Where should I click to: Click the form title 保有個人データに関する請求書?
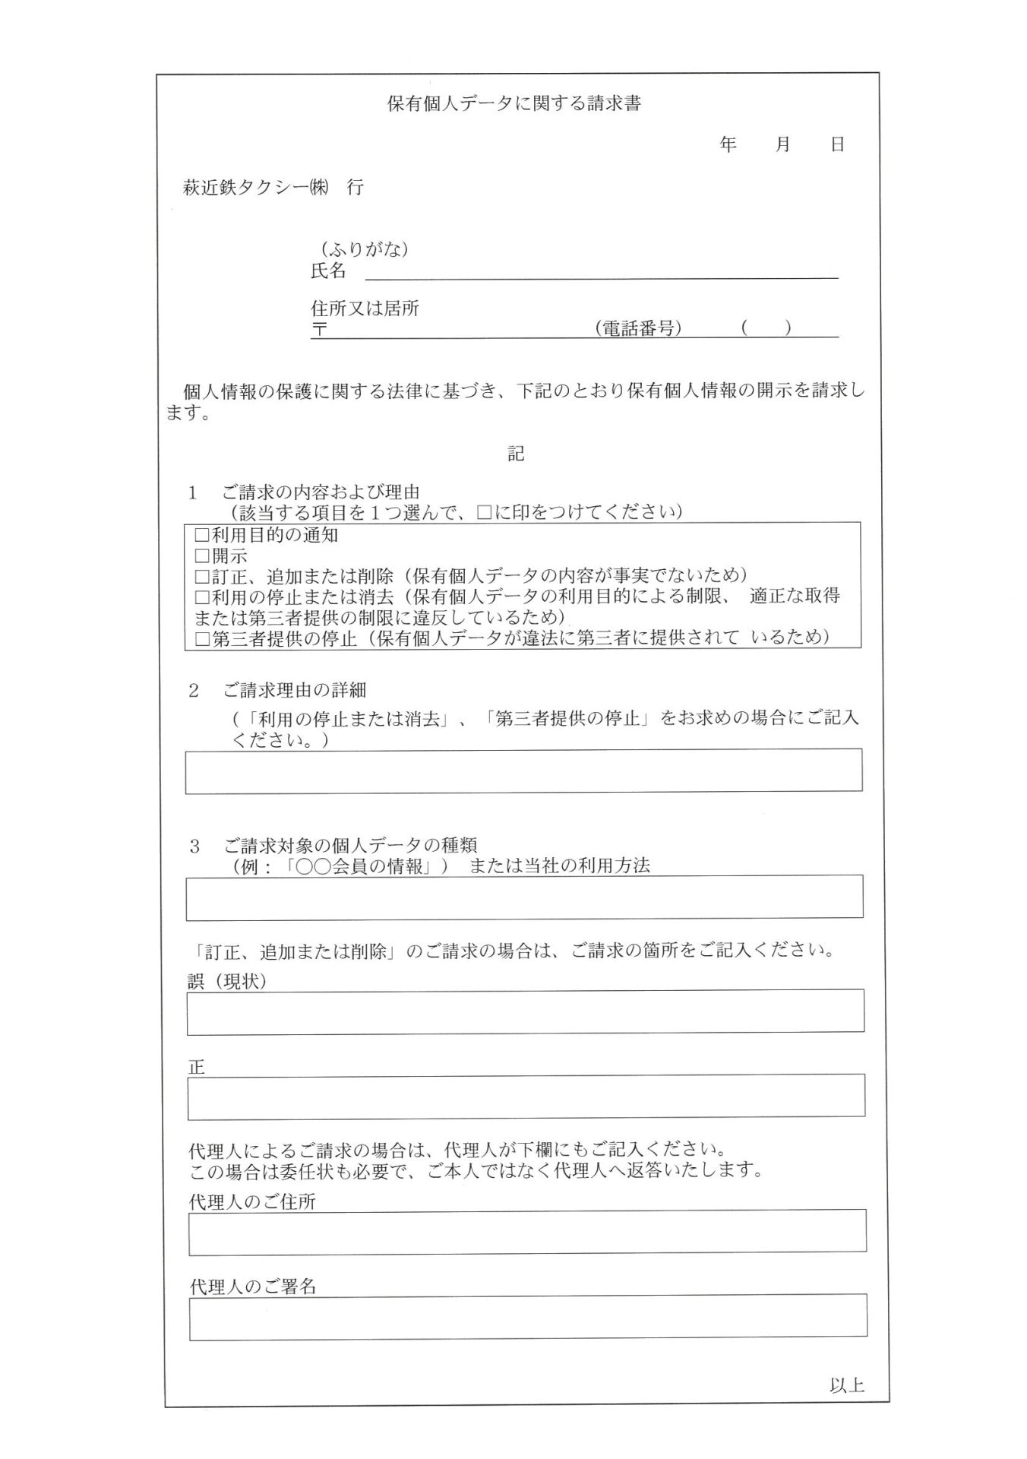(x=513, y=104)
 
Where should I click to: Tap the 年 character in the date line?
(x=728, y=144)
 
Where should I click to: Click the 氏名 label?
(x=328, y=271)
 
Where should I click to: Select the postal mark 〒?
(x=319, y=330)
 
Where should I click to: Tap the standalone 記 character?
(x=516, y=454)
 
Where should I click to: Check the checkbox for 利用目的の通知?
(x=202, y=535)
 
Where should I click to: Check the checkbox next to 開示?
(x=202, y=556)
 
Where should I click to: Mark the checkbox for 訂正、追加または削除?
(x=202, y=576)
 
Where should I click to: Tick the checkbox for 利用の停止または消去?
(x=202, y=597)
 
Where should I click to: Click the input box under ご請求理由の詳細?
(x=523, y=771)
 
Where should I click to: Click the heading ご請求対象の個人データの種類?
(x=349, y=845)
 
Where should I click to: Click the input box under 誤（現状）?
(x=525, y=1011)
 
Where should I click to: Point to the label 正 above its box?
(x=196, y=1067)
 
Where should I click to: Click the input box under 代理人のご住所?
(x=527, y=1230)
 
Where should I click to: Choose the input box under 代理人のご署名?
(x=527, y=1315)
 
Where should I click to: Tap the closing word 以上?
(x=846, y=1385)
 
